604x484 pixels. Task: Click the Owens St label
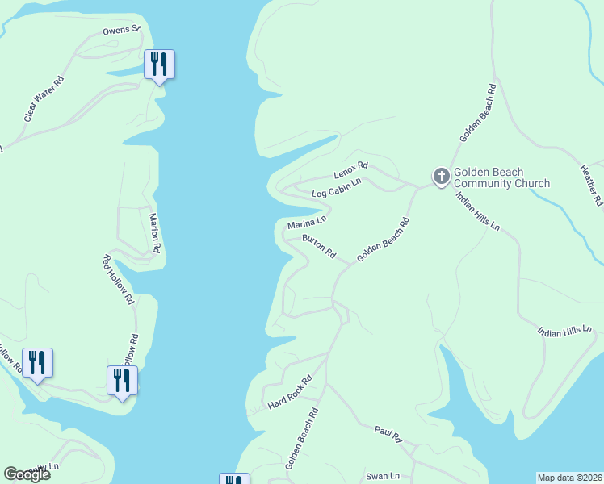[121, 31]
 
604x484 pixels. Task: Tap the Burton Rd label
[319, 247]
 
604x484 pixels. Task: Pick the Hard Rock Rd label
[290, 392]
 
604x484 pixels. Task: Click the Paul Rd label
[388, 436]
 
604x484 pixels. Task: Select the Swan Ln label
[383, 476]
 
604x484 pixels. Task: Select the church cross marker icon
[441, 176]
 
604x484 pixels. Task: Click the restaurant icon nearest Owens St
[159, 65]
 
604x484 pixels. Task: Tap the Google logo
[26, 474]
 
